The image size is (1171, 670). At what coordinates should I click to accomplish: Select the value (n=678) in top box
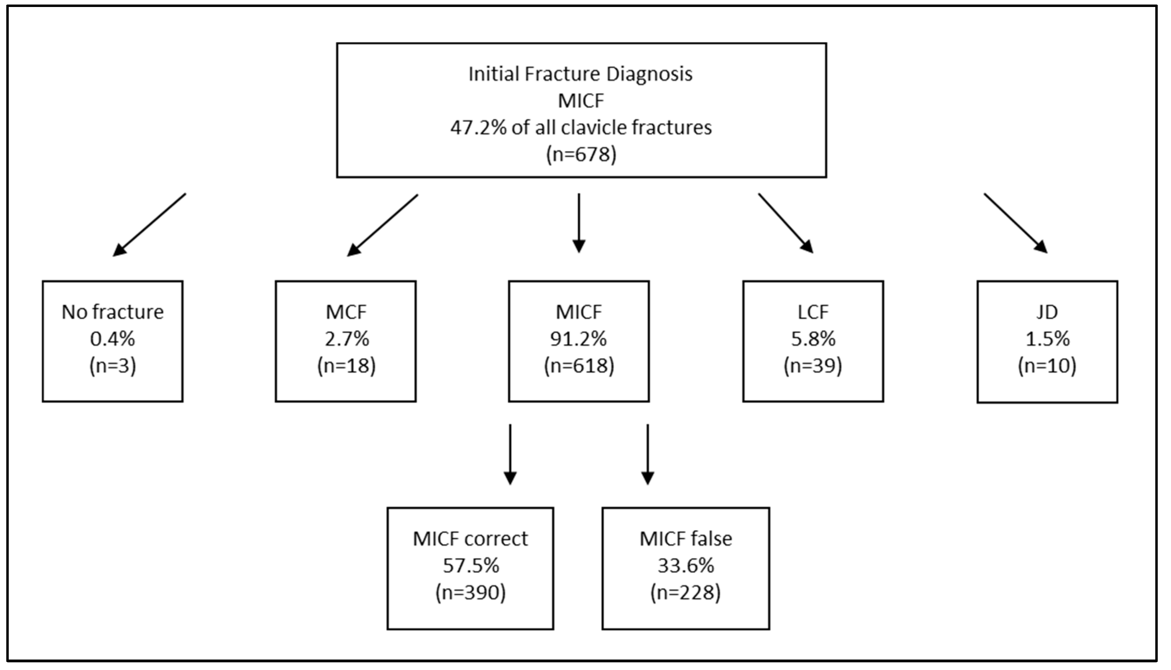coord(581,154)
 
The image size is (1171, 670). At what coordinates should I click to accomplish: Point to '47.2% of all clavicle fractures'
coord(581,127)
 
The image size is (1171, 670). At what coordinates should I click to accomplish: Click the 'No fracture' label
coord(112,312)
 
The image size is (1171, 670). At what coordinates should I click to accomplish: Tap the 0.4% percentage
coord(112,339)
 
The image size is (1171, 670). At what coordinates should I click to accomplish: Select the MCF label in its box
coord(346,312)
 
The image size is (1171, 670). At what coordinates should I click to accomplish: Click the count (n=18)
coord(346,366)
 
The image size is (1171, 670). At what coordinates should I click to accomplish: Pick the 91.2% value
coord(579,339)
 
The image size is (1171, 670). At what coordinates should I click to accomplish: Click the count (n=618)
coord(579,366)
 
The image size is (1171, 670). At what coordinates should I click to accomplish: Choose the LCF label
coord(813,312)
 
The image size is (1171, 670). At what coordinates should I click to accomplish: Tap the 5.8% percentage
coord(813,339)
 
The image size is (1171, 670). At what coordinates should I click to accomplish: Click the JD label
coord(1047,312)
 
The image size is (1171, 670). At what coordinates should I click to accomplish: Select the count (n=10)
coord(1047,366)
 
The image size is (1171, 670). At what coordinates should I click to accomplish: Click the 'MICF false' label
coord(686,539)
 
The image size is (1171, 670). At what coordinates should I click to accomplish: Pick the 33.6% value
coord(686,566)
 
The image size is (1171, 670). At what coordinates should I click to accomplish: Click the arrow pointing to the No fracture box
coord(149,225)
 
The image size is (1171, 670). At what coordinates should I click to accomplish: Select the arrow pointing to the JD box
coord(1016,223)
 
